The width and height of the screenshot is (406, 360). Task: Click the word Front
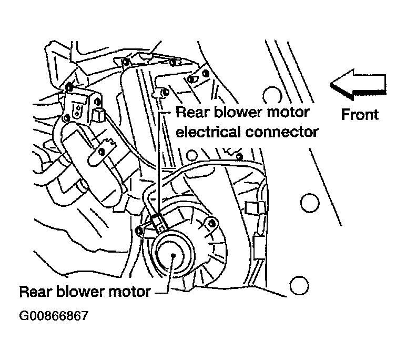coord(360,114)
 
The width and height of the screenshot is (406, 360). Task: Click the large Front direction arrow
coord(358,85)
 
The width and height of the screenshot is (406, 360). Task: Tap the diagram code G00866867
coord(54,316)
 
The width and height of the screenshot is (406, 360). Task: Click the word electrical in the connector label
coord(208,132)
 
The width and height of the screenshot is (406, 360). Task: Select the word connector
coord(282,132)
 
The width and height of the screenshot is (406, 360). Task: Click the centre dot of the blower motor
coord(173,255)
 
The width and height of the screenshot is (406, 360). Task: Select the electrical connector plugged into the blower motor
coord(158,221)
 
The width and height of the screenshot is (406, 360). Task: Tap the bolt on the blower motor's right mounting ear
coord(212,223)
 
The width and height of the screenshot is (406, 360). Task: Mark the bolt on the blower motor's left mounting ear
coord(139,231)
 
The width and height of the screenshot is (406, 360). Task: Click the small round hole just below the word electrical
coord(191,155)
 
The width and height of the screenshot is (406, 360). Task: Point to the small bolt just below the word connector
coord(240,156)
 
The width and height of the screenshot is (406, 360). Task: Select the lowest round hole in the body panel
coord(299,285)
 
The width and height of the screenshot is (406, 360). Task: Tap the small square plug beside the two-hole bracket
coord(98,115)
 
